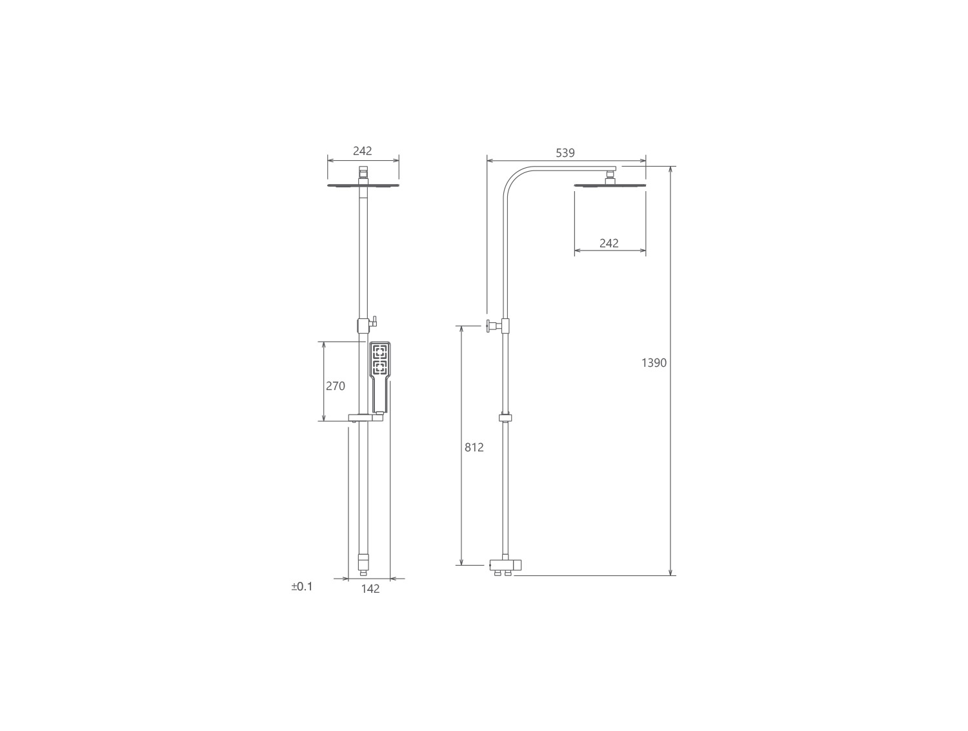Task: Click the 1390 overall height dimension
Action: (654, 363)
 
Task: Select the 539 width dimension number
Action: (565, 153)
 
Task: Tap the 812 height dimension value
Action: (474, 448)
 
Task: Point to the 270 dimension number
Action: (335, 386)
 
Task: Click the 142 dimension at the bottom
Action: (370, 588)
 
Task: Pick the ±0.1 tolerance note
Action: (301, 587)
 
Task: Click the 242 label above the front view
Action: (363, 151)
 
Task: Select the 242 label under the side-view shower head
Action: (609, 243)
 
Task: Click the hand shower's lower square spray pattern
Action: (379, 367)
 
